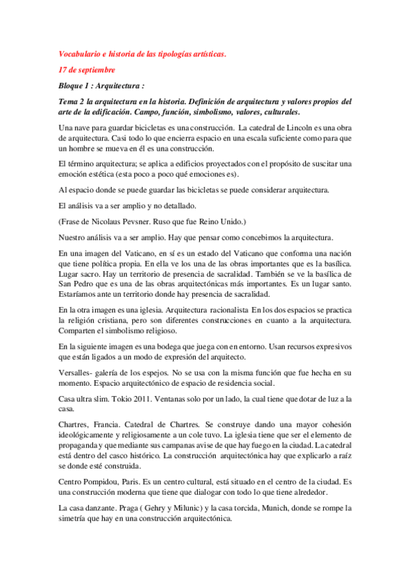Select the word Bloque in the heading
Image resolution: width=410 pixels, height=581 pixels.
pos(73,86)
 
